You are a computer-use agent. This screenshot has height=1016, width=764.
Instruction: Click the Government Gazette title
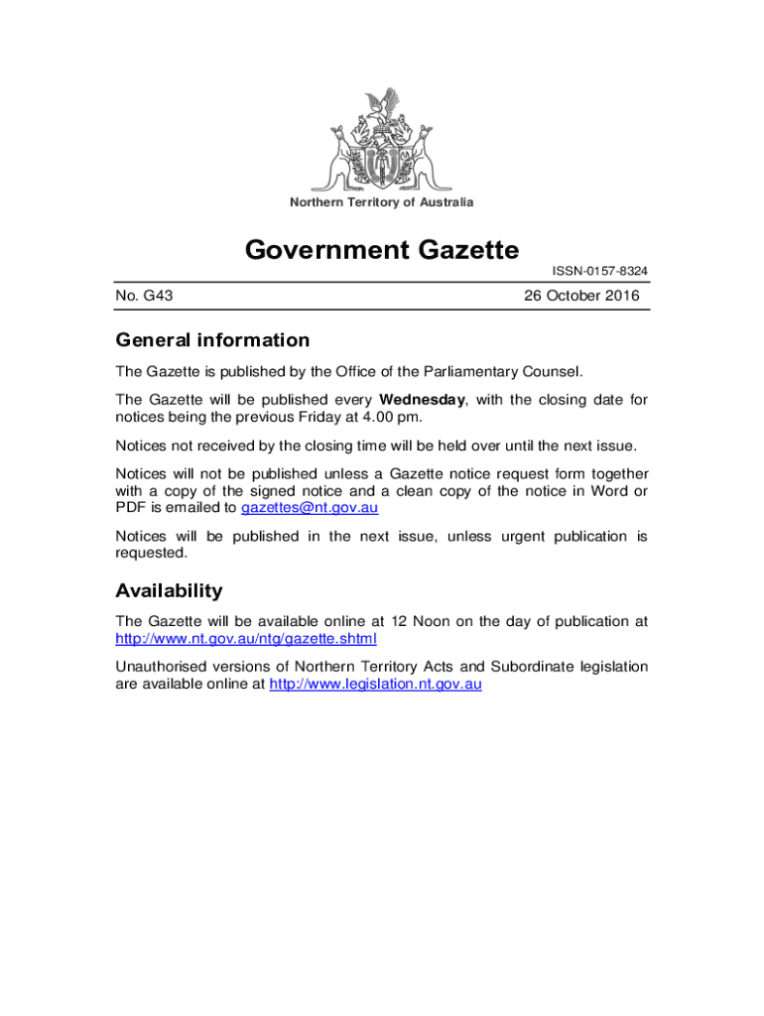click(x=382, y=249)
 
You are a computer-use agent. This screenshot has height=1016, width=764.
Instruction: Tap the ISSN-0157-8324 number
click(x=600, y=271)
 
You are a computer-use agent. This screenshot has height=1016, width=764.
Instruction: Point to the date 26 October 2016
click(x=580, y=296)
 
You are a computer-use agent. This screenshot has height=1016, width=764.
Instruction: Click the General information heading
click(x=212, y=340)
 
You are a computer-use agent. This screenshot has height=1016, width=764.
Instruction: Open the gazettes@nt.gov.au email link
click(x=310, y=507)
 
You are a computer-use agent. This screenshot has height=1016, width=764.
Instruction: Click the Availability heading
click(x=169, y=591)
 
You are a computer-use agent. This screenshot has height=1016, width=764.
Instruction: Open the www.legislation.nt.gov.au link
click(x=375, y=684)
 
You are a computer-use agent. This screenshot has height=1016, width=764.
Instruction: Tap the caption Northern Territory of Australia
click(x=382, y=202)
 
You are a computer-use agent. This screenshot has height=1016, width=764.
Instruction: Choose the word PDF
click(x=130, y=507)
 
